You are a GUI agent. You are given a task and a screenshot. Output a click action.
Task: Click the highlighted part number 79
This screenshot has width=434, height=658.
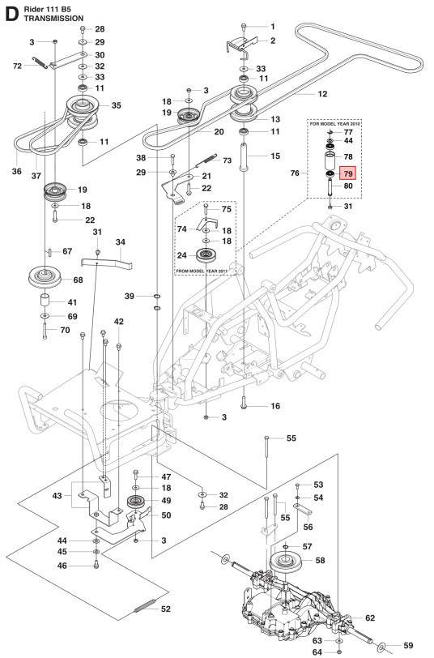pyautogui.click(x=348, y=173)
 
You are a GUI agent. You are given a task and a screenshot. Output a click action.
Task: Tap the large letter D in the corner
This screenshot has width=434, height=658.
pyautogui.click(x=11, y=15)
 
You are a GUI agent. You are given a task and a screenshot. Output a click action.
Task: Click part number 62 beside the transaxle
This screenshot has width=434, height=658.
pyautogui.click(x=370, y=618)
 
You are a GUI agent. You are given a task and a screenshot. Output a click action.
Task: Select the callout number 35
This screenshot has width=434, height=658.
pyautogui.click(x=117, y=105)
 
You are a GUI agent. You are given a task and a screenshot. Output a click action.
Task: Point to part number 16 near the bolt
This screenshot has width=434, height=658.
pyautogui.click(x=274, y=406)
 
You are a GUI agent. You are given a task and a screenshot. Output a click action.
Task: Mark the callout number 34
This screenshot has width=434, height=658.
pyautogui.click(x=121, y=242)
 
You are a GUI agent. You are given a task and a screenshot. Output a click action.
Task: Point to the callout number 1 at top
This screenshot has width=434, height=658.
pyautogui.click(x=272, y=27)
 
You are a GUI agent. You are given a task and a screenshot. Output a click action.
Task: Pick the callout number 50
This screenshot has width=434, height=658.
pyautogui.click(x=166, y=515)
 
